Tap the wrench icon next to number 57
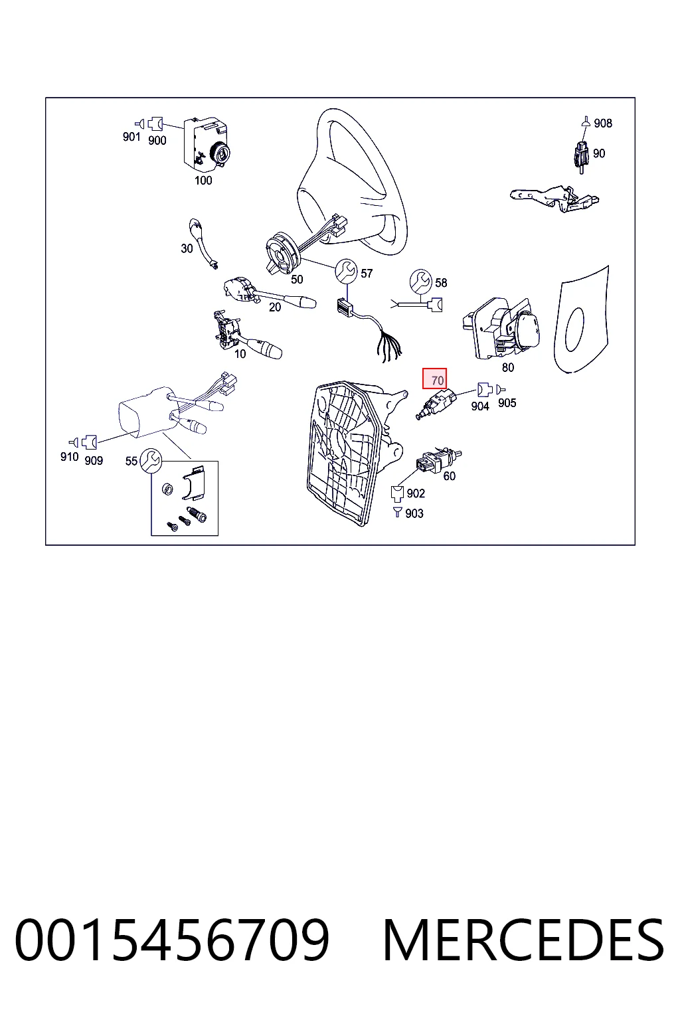(x=346, y=271)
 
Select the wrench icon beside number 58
(x=420, y=280)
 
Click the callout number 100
(x=203, y=181)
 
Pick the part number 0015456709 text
(x=172, y=940)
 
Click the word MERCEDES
(x=523, y=940)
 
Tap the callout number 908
(x=603, y=123)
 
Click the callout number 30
(x=187, y=248)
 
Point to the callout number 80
(x=508, y=367)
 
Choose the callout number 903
(x=414, y=513)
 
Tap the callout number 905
(x=507, y=402)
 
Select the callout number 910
(x=69, y=456)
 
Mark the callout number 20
(x=275, y=307)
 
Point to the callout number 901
(x=131, y=136)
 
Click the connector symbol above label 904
(x=484, y=390)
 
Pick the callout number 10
(x=240, y=353)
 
